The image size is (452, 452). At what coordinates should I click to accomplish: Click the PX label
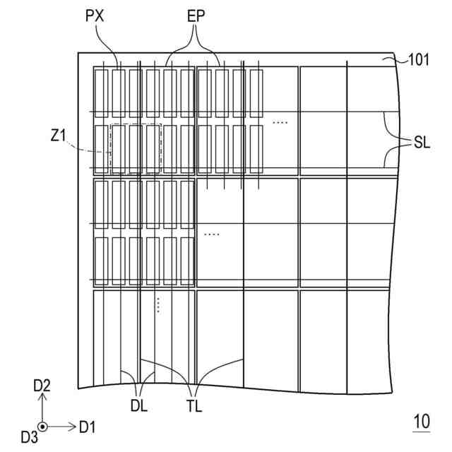tap(95, 16)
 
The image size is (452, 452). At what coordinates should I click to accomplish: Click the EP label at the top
tap(197, 16)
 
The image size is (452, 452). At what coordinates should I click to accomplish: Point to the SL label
tap(422, 143)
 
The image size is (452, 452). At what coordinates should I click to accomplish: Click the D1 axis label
tap(88, 427)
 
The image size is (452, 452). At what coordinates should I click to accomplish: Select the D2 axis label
tap(42, 385)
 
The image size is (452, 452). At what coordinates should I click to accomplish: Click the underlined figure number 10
tap(421, 422)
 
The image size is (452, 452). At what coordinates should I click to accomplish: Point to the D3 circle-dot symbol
tap(42, 427)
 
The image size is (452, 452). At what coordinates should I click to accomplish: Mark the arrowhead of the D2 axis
tap(42, 397)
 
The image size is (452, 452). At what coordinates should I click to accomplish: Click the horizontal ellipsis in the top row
tap(280, 123)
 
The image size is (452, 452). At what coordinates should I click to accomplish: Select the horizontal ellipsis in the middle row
tap(211, 234)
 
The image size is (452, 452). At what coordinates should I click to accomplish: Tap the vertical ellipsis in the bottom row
tap(158, 304)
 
